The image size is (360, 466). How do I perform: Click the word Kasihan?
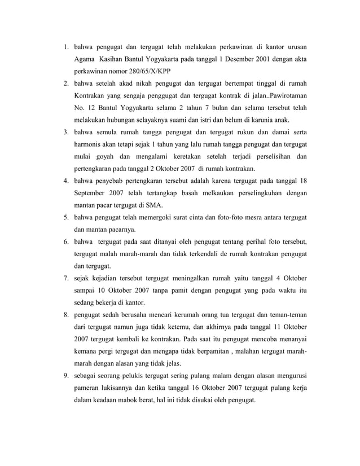[112, 59]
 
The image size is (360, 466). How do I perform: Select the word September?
[92, 193]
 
